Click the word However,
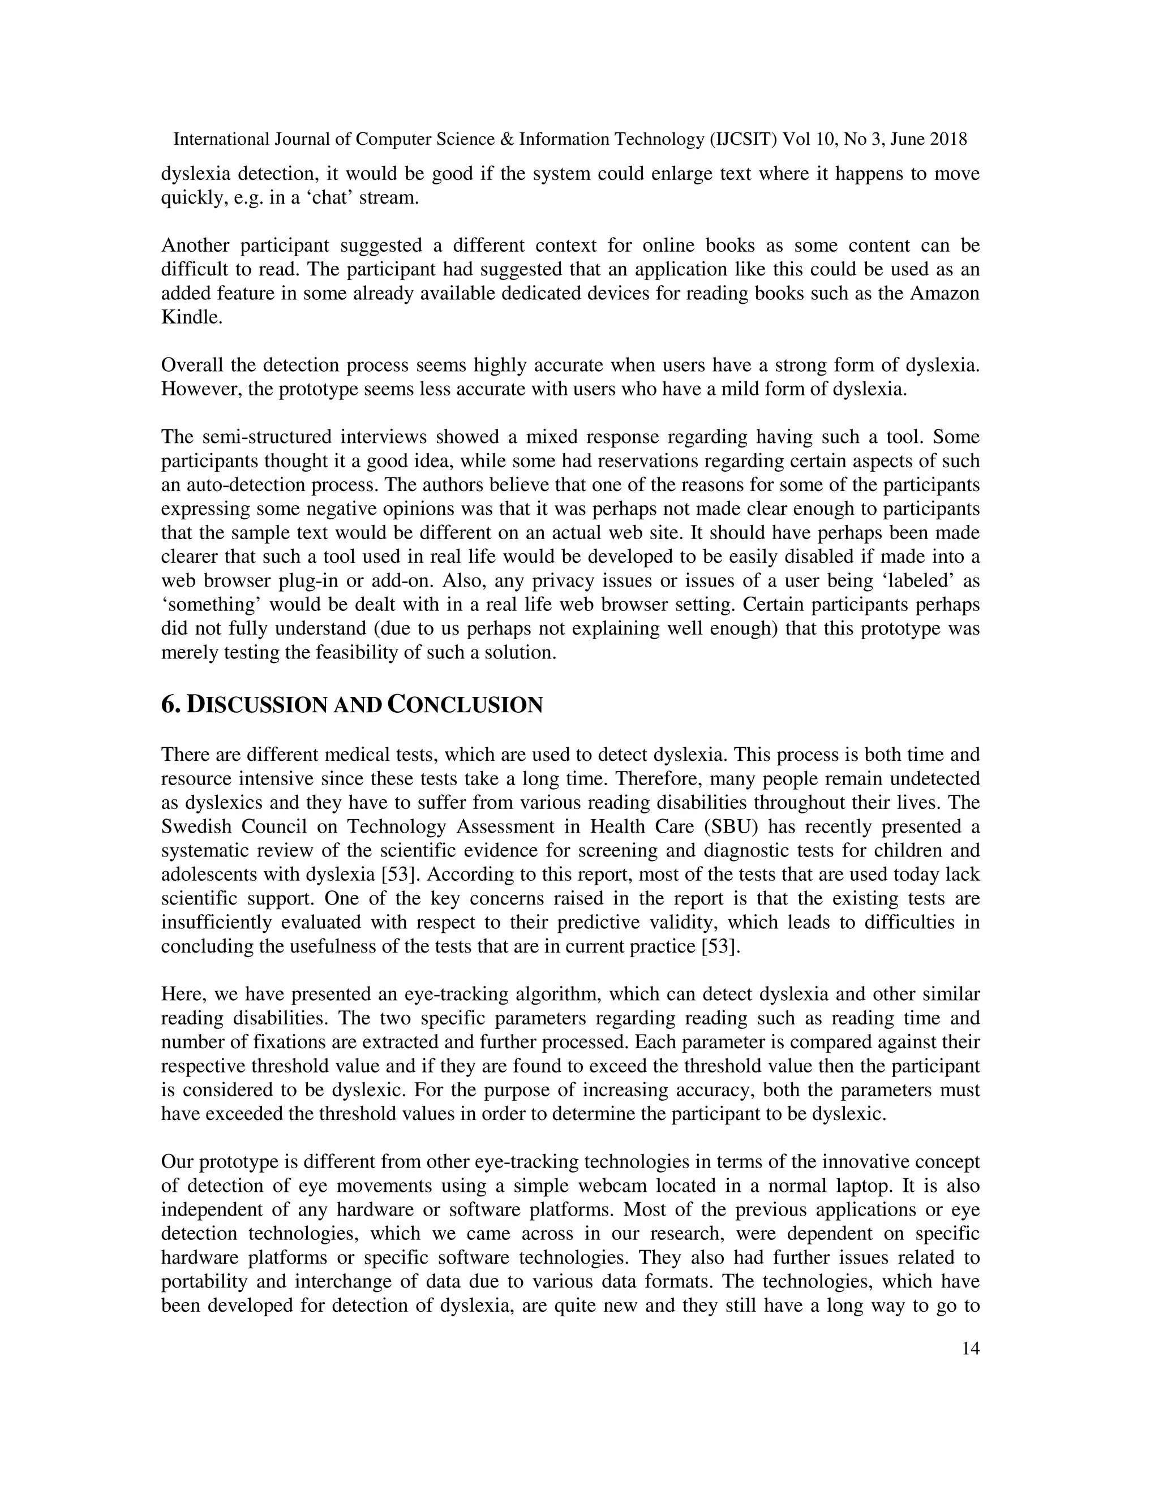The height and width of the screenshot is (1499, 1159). click(196, 389)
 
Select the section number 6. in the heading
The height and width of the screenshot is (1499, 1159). click(171, 705)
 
